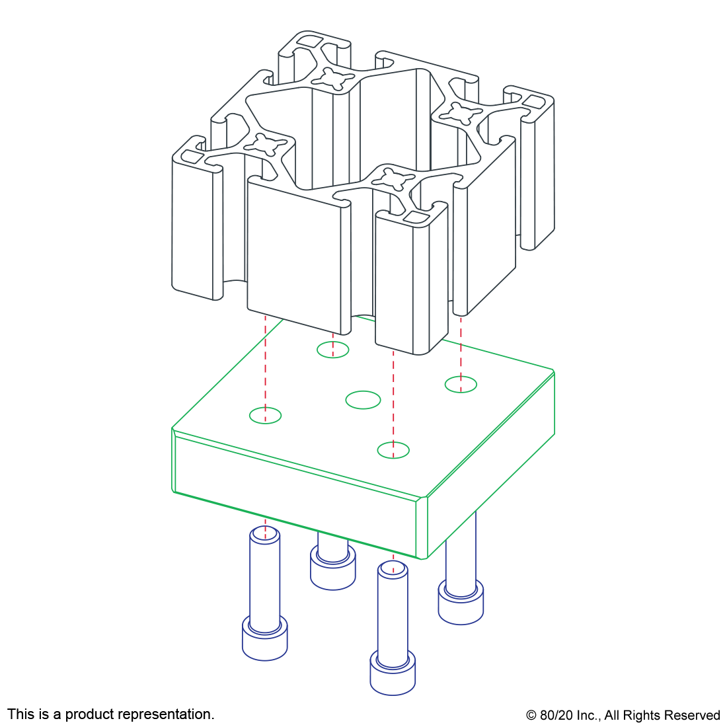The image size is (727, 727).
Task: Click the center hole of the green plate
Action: point(363,400)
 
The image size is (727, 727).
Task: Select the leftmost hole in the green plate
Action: point(265,416)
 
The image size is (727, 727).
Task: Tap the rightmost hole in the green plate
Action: point(461,384)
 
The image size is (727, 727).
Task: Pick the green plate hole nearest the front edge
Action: point(393,450)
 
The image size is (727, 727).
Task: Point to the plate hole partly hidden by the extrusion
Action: point(332,350)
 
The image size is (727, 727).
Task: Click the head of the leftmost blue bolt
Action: point(264,638)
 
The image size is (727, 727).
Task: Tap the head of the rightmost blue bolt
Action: point(461,602)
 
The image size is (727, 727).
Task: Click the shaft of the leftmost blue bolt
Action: point(264,575)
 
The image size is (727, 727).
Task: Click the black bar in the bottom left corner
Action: point(110,715)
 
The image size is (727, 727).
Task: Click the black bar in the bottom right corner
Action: point(622,716)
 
